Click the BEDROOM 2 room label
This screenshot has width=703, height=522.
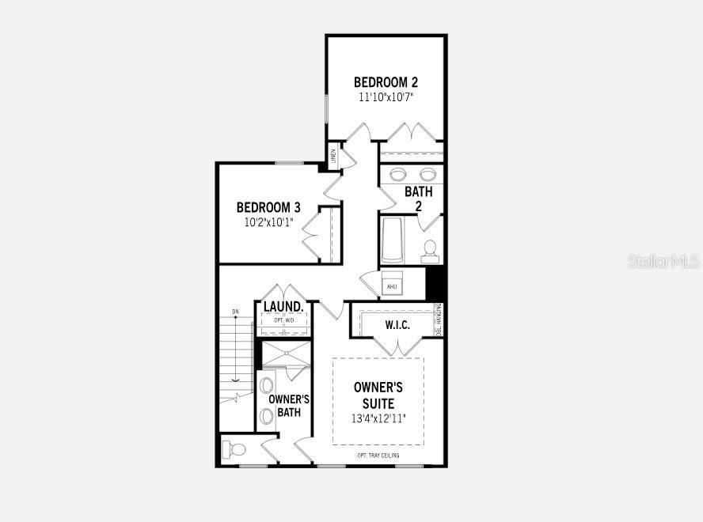386,82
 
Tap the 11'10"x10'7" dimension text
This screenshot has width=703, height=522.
386,97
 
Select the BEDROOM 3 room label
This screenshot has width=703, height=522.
268,207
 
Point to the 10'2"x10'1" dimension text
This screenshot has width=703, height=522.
268,222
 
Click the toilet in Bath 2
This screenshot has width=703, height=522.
430,249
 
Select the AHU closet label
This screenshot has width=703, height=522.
392,286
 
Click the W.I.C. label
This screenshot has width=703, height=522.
397,325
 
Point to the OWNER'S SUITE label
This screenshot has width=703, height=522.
378,395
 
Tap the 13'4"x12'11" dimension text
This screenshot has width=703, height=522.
378,418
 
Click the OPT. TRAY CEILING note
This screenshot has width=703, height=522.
378,456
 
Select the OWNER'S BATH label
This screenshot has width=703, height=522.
288,406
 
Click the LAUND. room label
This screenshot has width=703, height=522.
283,307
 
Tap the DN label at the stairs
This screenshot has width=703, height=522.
235,312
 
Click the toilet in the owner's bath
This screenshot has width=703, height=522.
236,449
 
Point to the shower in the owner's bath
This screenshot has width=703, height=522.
287,354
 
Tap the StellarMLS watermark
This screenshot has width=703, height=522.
663,261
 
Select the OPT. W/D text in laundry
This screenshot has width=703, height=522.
283,320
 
